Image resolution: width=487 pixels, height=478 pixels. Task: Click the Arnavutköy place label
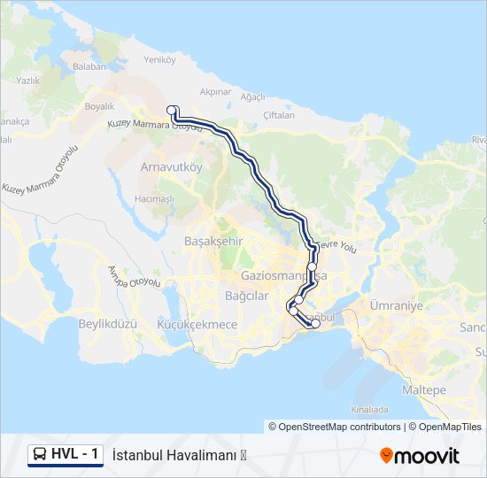(x=172, y=166)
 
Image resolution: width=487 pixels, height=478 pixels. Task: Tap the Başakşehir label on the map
(x=213, y=241)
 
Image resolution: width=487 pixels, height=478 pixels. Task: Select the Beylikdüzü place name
(x=108, y=324)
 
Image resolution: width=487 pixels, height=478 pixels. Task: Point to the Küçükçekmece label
(x=197, y=325)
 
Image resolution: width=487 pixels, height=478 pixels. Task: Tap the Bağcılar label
(x=246, y=296)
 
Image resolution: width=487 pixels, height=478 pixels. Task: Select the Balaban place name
(x=89, y=66)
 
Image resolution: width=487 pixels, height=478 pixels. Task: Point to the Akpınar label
(x=215, y=91)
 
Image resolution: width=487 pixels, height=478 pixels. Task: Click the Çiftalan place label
(x=279, y=115)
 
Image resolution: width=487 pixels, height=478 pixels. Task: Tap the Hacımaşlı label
(x=154, y=199)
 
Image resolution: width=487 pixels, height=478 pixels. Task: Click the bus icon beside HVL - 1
(x=40, y=455)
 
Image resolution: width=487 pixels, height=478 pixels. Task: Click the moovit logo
(x=420, y=456)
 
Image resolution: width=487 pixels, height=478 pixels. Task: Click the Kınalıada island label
(x=369, y=410)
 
